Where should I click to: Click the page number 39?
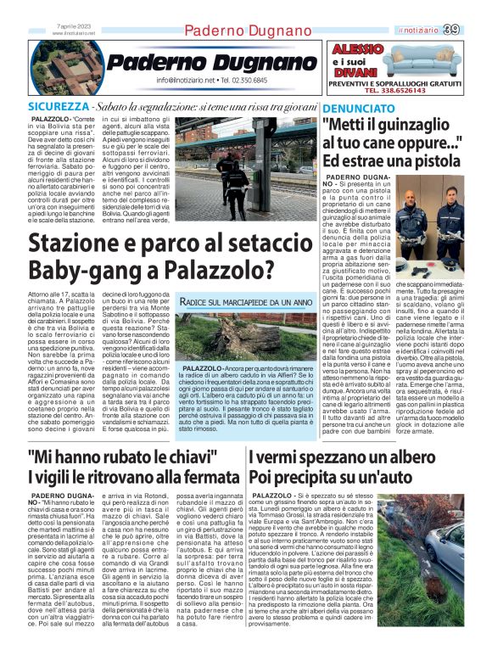pos(475,30)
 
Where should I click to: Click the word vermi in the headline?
pos(292,457)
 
